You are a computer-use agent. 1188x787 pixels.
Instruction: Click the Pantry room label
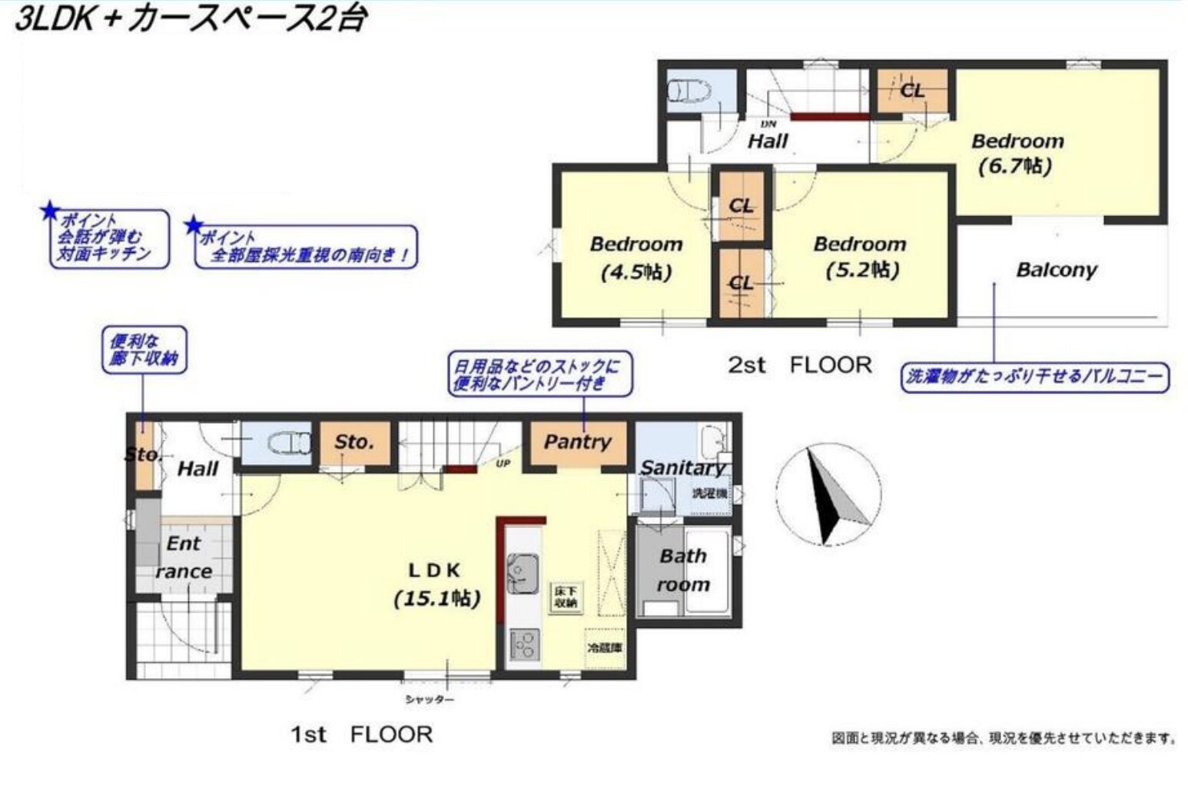click(x=577, y=442)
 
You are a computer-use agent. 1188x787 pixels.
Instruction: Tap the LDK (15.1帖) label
click(x=436, y=583)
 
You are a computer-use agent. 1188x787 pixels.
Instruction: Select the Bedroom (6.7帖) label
click(x=1017, y=153)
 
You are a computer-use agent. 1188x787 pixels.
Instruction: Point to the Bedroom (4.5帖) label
click(x=635, y=257)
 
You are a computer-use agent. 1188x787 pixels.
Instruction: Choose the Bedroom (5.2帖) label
click(x=860, y=257)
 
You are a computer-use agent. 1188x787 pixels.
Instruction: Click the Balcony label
click(x=1056, y=270)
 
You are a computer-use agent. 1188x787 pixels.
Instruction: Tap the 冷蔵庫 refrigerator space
click(x=605, y=648)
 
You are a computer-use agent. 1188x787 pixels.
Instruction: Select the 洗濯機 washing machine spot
click(x=708, y=493)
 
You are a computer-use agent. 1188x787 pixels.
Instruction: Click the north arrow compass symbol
click(x=828, y=496)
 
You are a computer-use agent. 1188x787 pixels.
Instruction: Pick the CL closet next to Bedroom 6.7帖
click(x=912, y=91)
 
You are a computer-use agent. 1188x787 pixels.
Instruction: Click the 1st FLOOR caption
click(x=361, y=734)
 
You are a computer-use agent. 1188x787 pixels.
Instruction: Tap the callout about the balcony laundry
click(x=1034, y=377)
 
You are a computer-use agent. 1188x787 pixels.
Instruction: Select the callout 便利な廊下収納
click(x=144, y=350)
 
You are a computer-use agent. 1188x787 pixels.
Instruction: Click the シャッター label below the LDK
click(x=430, y=699)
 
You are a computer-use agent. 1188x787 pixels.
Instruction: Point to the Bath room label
click(x=682, y=570)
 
